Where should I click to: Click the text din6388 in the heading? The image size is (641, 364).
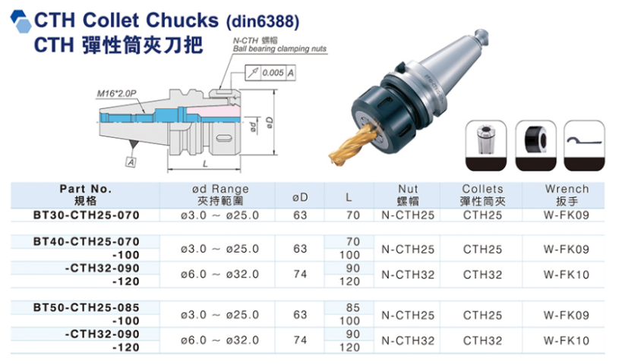point(263,21)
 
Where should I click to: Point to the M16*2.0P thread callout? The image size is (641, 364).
point(116,93)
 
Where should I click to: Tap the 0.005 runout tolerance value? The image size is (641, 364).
point(273,73)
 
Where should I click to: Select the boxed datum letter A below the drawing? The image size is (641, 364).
point(131,162)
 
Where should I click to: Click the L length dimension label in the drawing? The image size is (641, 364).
point(205,164)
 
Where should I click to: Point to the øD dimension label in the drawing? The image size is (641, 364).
point(270,122)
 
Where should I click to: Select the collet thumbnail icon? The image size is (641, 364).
point(485,146)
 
